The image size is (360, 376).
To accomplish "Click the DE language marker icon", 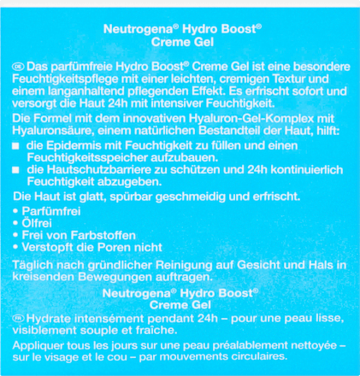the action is (x=17, y=67).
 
